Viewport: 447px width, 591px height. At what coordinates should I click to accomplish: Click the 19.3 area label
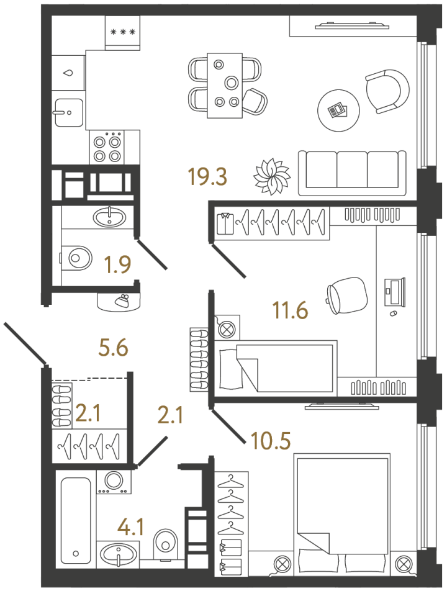click(x=208, y=177)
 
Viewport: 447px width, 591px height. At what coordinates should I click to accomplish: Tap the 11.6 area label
click(x=290, y=310)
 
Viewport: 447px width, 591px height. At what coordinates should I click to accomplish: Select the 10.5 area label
click(x=271, y=441)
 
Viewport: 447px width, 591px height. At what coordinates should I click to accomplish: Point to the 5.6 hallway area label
click(x=114, y=348)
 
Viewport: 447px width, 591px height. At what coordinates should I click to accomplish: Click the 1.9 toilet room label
click(x=117, y=264)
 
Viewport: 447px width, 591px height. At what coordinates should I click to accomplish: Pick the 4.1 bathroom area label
click(x=130, y=526)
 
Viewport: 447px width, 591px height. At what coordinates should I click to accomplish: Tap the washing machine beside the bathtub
click(x=114, y=481)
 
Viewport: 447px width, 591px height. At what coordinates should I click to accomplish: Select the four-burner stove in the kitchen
click(x=107, y=147)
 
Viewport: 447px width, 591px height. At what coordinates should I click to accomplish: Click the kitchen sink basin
click(x=69, y=112)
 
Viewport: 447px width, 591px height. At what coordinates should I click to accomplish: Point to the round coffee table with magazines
click(x=338, y=111)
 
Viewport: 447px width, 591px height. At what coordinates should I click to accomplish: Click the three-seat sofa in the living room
click(x=353, y=173)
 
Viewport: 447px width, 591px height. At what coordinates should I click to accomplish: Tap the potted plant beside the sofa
click(x=272, y=177)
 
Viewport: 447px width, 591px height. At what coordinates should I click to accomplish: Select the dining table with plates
click(x=225, y=86)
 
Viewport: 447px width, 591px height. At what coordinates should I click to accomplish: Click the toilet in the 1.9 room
click(x=76, y=258)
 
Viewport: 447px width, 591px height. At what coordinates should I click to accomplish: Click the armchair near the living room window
click(x=387, y=92)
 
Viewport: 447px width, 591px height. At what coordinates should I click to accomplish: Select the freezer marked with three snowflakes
click(x=122, y=32)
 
